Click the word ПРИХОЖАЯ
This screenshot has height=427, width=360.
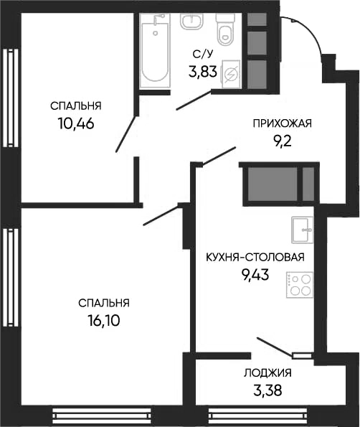pos(283,123)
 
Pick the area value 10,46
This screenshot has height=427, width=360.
pos(76,122)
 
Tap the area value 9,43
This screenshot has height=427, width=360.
pos(255,274)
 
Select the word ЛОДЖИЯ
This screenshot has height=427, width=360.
pos(267,372)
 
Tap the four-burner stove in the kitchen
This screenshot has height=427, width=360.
pos(300,284)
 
